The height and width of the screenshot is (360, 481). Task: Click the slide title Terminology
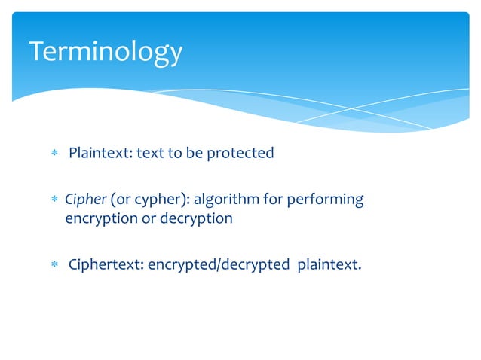tap(106, 52)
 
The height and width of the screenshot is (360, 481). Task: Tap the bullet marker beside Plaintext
tap(54, 154)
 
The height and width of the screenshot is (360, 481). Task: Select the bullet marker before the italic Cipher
tap(54, 200)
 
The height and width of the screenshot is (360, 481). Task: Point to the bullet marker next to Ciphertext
tap(54, 265)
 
